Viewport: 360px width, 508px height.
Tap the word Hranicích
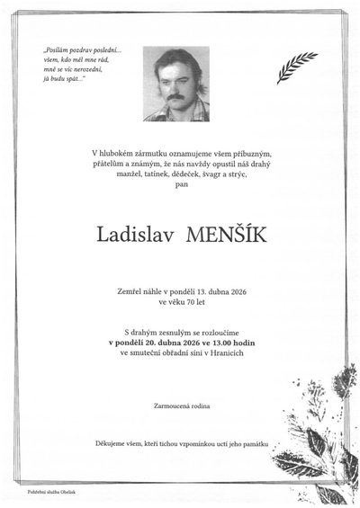pos(229,352)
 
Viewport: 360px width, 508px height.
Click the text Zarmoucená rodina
pos(180,407)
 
